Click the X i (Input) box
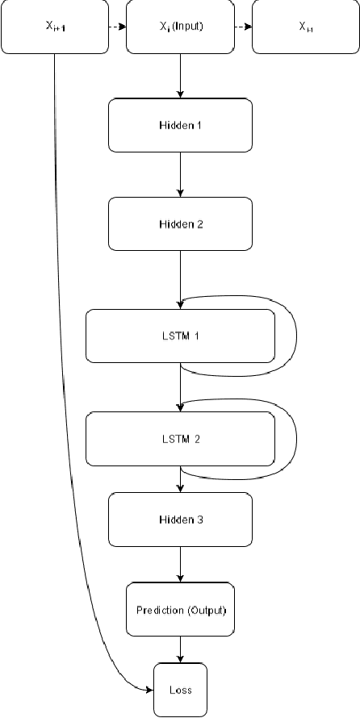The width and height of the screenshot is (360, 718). coord(180,27)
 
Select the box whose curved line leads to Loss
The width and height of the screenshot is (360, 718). coord(54,27)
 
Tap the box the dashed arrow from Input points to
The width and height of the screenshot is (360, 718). coord(305,27)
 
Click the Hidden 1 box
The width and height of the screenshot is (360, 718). coord(180,126)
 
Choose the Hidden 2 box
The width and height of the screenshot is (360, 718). coord(180,223)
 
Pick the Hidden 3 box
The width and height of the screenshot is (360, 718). coord(180,519)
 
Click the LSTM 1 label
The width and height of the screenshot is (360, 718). coord(180,335)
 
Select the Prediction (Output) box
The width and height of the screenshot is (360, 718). coord(180,610)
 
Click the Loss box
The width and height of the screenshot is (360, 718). coord(180,690)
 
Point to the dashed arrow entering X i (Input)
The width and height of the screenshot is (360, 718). coord(117,27)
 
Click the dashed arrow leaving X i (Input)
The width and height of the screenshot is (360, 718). coord(243,27)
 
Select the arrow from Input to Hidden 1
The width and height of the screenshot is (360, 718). coord(180,76)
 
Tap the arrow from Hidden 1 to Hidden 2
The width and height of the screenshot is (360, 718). coord(180,174)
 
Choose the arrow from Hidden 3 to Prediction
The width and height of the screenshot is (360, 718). coord(180,564)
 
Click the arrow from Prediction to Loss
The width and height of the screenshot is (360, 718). coord(180,649)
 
